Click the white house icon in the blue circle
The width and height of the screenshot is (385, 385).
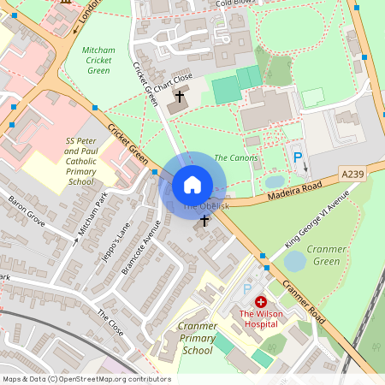(x=192, y=184)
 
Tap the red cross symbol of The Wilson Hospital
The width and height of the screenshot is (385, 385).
(x=260, y=303)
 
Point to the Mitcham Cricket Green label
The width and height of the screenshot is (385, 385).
(x=98, y=60)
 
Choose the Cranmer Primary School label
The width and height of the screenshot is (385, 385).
(x=198, y=338)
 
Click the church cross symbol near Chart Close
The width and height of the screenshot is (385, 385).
(x=181, y=98)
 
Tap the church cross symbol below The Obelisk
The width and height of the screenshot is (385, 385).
(x=204, y=222)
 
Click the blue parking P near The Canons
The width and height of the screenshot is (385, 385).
(x=298, y=157)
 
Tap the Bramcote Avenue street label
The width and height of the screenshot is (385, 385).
(x=141, y=247)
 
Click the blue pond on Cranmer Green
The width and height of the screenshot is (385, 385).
(x=295, y=260)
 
